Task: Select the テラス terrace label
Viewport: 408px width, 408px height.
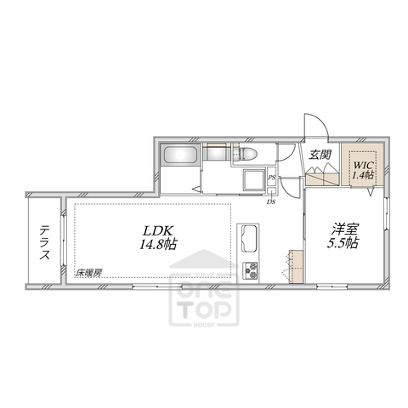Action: [43, 242]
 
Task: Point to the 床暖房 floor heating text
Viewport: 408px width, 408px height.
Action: [88, 272]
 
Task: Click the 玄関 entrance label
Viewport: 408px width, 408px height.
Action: [320, 155]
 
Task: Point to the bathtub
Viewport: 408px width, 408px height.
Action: [179, 156]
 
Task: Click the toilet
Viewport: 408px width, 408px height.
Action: [247, 155]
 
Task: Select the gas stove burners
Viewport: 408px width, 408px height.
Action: [252, 271]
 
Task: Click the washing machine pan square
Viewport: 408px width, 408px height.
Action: [252, 180]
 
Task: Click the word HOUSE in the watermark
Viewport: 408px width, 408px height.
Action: [204, 324]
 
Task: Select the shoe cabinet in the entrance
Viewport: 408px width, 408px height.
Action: [323, 177]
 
